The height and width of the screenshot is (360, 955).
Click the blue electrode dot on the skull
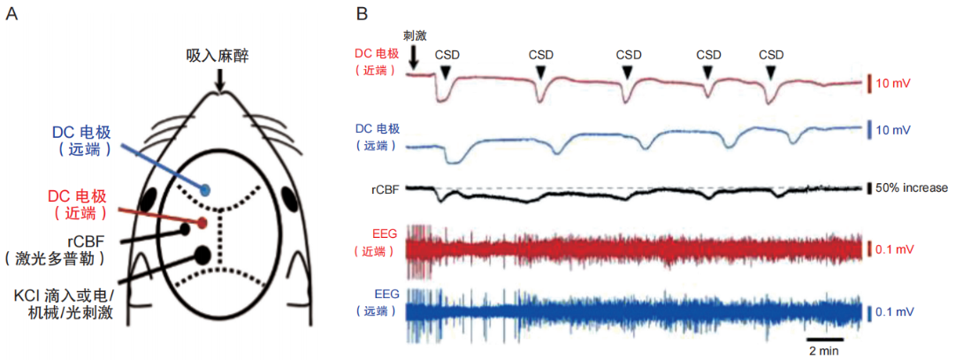pos(206,189)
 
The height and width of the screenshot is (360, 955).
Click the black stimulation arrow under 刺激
pos(414,56)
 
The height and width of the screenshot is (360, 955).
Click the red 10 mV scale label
pos(892,84)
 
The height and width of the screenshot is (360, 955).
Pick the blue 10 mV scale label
pos(892,131)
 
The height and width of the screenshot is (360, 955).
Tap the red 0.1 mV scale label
pos(895,250)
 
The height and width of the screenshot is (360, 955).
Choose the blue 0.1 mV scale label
pos(895,312)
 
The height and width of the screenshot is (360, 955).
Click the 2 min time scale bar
pos(823,337)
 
